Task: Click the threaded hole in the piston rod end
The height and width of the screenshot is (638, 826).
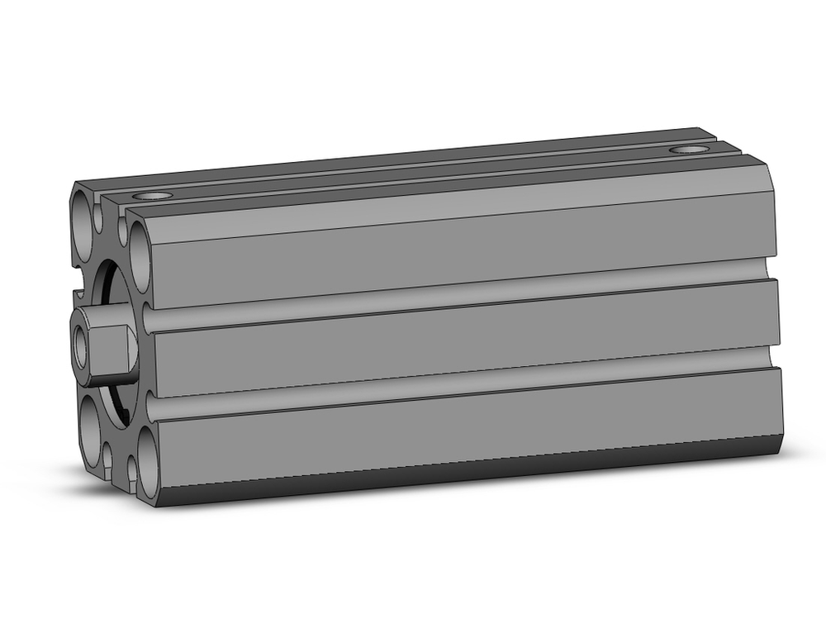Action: click(81, 345)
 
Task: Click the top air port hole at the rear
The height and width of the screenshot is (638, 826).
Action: click(688, 150)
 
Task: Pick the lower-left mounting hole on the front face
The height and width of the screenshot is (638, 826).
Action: click(88, 433)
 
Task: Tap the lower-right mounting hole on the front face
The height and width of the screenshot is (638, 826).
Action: click(148, 464)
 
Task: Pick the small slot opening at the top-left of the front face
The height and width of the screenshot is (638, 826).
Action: click(100, 217)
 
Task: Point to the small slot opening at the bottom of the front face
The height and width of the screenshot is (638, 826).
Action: click(108, 456)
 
